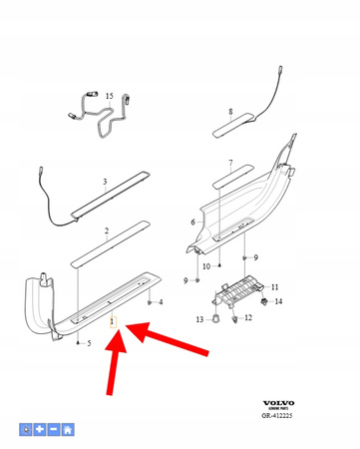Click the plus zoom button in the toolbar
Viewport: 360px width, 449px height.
point(41,430)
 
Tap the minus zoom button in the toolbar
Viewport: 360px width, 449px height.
point(54,430)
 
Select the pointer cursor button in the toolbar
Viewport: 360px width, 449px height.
point(28,430)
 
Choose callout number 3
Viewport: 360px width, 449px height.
point(104,183)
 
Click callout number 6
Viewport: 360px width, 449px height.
point(194,224)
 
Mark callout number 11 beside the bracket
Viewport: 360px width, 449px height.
point(275,286)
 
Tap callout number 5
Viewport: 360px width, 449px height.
point(89,344)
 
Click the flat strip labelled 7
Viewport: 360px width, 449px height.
point(230,184)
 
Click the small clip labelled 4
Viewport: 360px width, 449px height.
point(148,300)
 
